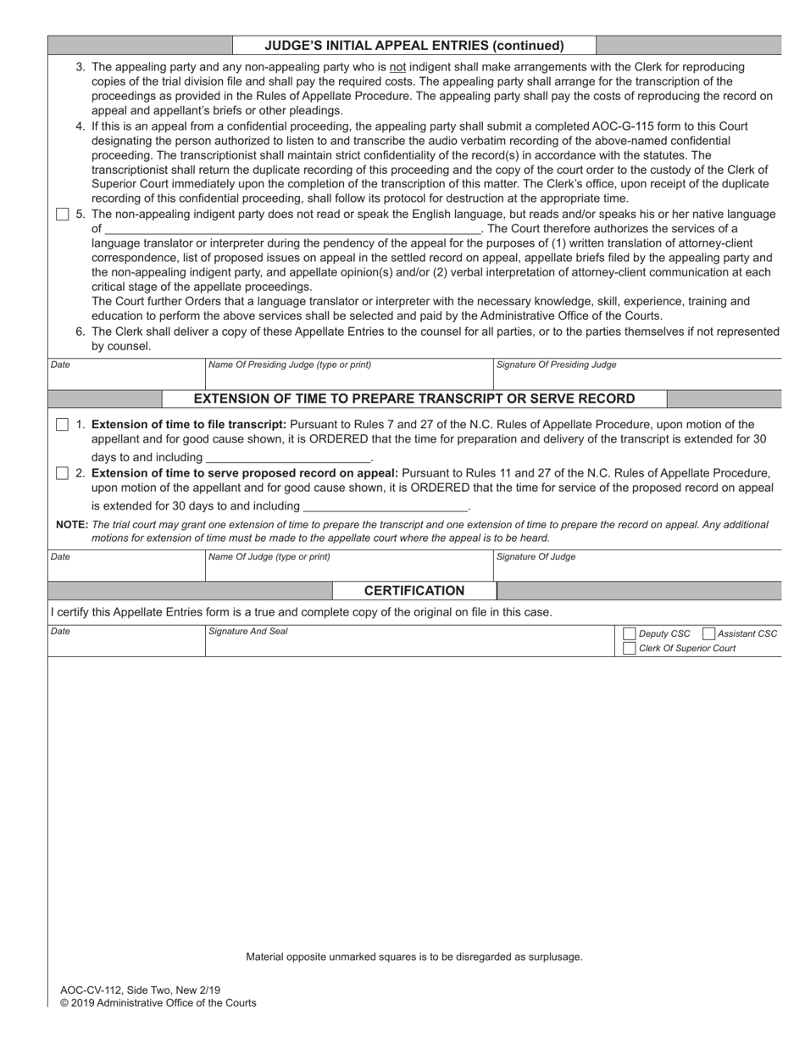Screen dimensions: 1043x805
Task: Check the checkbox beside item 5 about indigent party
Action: pyautogui.click(x=62, y=215)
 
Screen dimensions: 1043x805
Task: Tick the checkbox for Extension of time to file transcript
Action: pyautogui.click(x=62, y=425)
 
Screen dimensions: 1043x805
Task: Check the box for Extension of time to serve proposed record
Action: pyautogui.click(x=62, y=473)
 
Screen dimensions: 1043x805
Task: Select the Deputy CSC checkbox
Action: pyautogui.click(x=629, y=634)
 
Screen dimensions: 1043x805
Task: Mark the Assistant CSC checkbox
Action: pyautogui.click(x=708, y=634)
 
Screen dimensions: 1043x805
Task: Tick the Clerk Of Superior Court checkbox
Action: pyautogui.click(x=629, y=649)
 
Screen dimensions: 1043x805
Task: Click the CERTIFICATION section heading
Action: pyautogui.click(x=414, y=591)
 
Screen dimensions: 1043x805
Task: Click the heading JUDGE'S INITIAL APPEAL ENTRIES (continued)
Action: pyautogui.click(x=414, y=46)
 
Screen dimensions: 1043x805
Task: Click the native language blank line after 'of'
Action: pyautogui.click(x=292, y=229)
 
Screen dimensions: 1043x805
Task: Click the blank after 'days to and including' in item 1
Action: pyautogui.click(x=288, y=458)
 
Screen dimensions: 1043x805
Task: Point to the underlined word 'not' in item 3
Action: pyautogui.click(x=397, y=67)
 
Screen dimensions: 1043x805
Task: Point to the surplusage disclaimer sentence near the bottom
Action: pyautogui.click(x=414, y=957)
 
